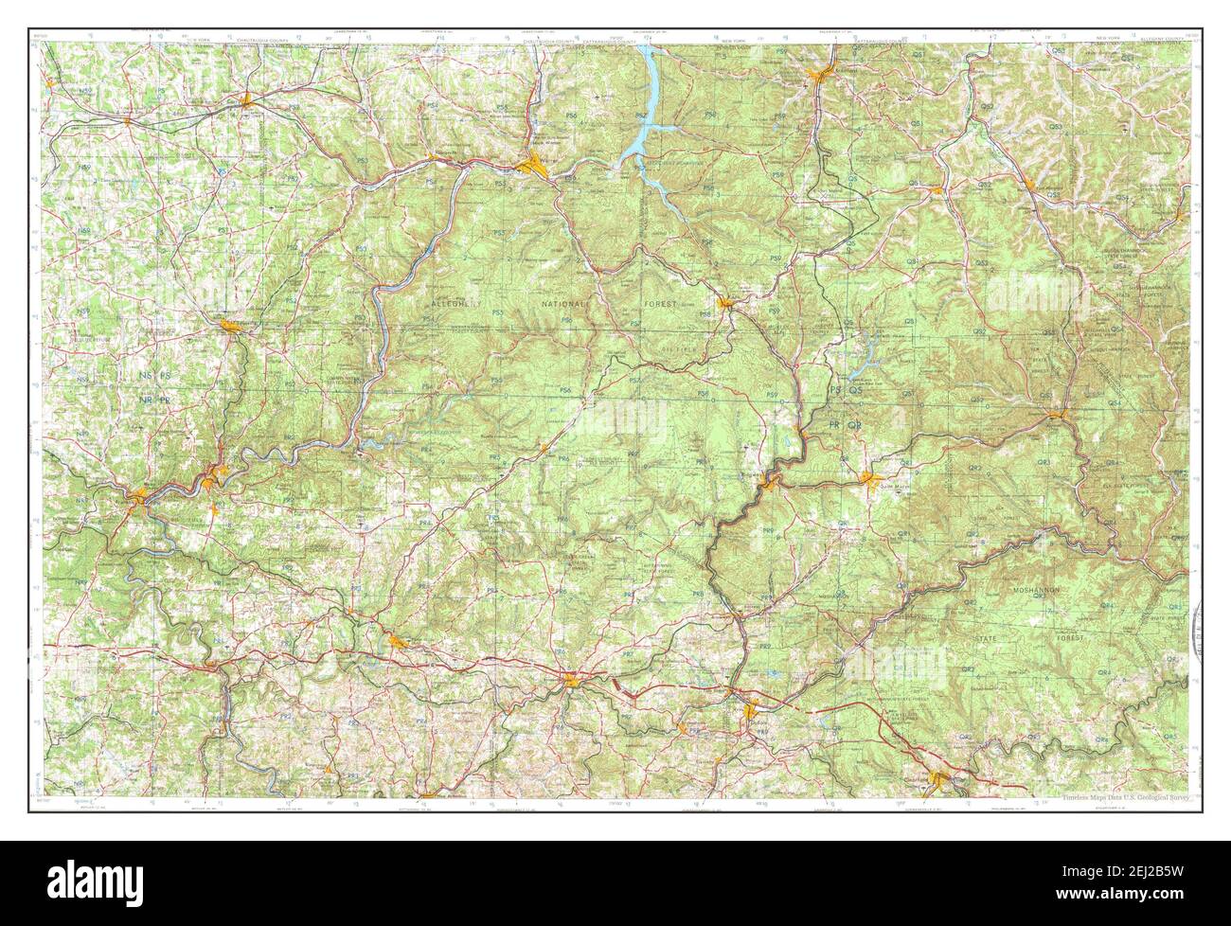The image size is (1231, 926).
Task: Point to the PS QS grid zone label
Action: pyautogui.click(x=847, y=390)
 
